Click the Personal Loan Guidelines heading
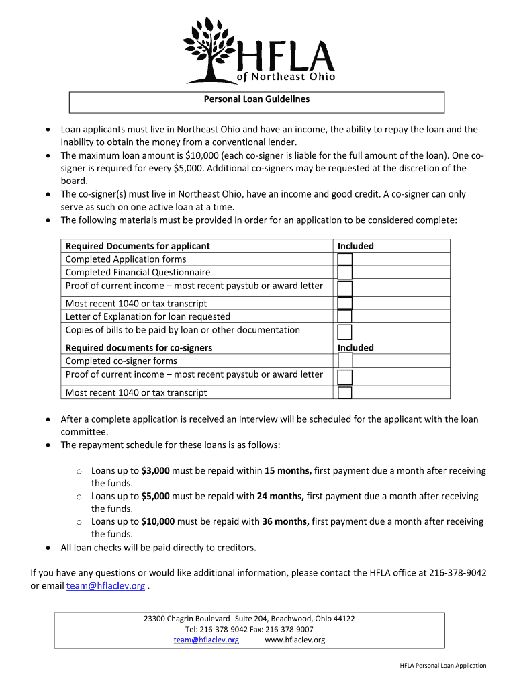tap(257, 99)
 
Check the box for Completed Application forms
tap(344, 260)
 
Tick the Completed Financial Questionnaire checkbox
tap(344, 273)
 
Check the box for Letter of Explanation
tap(344, 316)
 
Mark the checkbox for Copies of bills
tap(344, 331)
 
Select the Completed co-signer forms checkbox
tap(344, 361)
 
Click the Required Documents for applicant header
tap(138, 246)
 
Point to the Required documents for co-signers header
tap(138, 348)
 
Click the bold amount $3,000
tap(156, 471)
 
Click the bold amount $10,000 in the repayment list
tap(158, 521)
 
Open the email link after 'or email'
tap(105, 586)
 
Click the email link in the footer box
tap(206, 640)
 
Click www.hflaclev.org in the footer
tap(295, 640)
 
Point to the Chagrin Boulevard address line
tap(249, 619)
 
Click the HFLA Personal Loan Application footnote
tap(443, 666)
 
